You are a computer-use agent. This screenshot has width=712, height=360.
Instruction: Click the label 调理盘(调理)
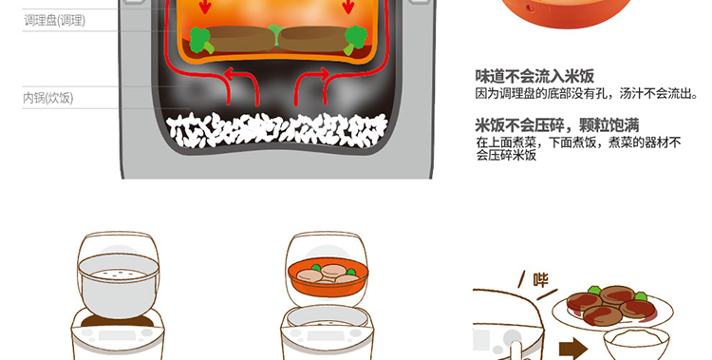click(x=54, y=21)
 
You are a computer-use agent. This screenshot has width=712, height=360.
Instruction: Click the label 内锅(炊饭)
click(x=47, y=98)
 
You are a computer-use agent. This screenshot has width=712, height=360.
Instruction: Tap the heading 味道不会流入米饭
click(x=534, y=76)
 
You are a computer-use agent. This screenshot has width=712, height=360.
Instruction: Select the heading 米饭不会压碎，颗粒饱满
click(x=557, y=125)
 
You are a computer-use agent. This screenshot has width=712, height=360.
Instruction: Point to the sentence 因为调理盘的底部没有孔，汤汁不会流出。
click(x=587, y=94)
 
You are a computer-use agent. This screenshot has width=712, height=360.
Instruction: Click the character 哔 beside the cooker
click(x=540, y=280)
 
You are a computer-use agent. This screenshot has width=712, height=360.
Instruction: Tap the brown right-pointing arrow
click(x=573, y=350)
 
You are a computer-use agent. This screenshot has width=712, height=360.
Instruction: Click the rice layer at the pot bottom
click(x=276, y=130)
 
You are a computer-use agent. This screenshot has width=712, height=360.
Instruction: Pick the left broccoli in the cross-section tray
click(x=200, y=40)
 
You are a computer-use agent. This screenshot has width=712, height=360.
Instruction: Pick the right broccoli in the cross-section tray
click(x=356, y=40)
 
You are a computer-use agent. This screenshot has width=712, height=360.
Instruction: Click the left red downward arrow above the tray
click(x=206, y=7)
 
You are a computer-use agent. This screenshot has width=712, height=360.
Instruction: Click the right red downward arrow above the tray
click(x=348, y=7)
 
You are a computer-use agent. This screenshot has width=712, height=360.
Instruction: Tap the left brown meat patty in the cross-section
click(x=240, y=39)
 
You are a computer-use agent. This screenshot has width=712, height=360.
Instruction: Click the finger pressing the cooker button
click(x=515, y=351)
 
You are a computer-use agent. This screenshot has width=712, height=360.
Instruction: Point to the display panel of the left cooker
click(x=117, y=335)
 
